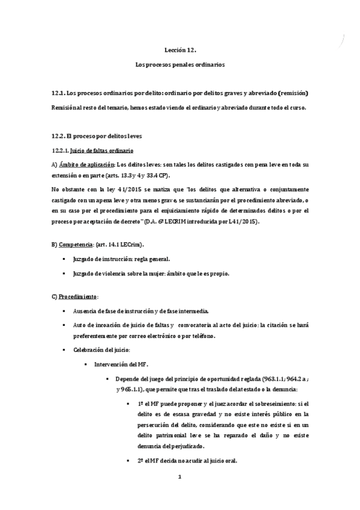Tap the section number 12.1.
(59, 93)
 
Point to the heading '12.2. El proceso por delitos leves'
(96, 136)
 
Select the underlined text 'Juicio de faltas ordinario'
(102, 150)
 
